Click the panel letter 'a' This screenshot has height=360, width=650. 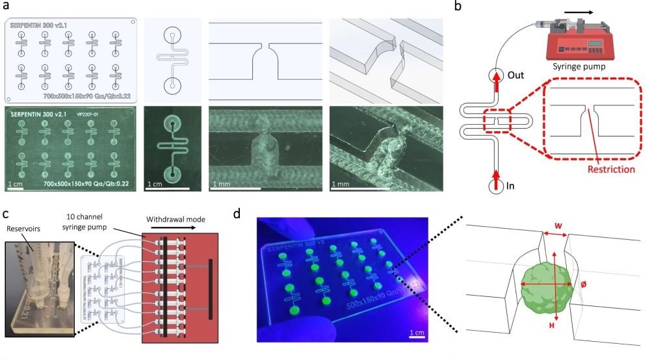click(6, 6)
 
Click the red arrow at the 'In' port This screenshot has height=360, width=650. click(496, 175)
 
